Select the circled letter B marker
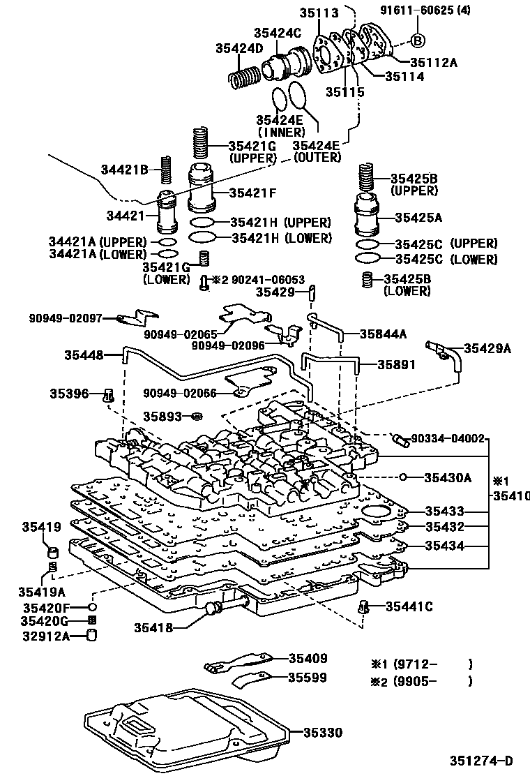[x=418, y=40]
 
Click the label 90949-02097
[x=65, y=318]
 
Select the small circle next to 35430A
[x=403, y=477]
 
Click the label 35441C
[x=409, y=606]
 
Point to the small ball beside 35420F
[x=91, y=608]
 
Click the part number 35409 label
[x=308, y=658]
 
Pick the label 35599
[x=308, y=677]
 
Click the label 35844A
[x=383, y=334]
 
